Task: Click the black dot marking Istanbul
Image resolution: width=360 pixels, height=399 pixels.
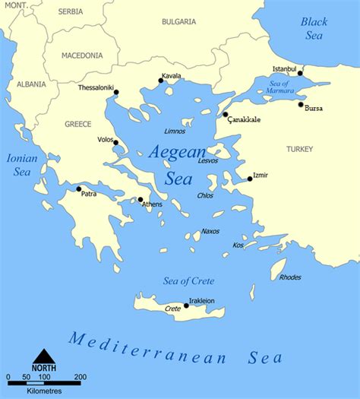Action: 300,74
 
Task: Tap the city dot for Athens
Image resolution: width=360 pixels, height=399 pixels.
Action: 141,200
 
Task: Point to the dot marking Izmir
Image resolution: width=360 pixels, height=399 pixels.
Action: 250,179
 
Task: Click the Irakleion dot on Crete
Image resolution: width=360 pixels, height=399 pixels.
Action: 186,306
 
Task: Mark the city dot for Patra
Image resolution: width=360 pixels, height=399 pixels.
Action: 79,188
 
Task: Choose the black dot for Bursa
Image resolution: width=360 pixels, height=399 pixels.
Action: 301,105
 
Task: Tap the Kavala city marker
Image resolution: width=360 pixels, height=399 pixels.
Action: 160,80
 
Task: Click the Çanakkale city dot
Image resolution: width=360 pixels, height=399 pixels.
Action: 226,115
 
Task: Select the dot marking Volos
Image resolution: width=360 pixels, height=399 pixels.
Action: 115,142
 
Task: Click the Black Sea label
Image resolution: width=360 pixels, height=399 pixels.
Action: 313,28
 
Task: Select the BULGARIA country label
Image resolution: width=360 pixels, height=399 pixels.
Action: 178,22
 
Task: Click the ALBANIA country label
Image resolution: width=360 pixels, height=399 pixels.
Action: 31,84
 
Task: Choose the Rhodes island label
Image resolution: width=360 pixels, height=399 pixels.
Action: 290,277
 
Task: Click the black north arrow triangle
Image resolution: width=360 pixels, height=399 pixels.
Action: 43,355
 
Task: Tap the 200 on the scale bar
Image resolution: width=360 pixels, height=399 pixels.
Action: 80,377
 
